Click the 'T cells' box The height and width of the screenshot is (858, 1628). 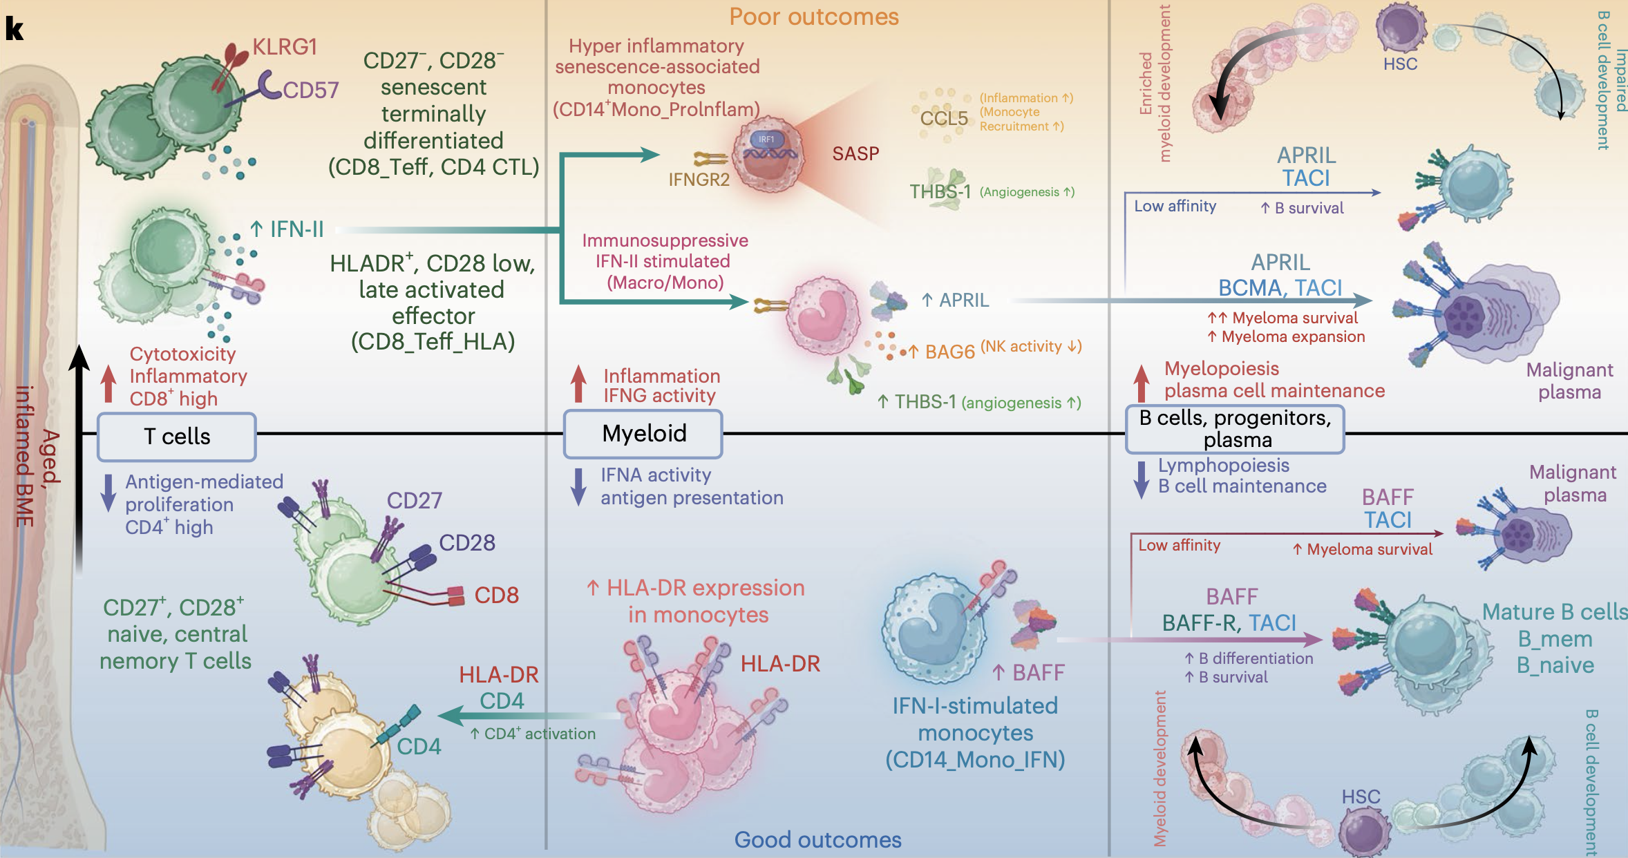pyautogui.click(x=177, y=437)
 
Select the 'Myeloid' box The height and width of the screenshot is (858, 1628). pyautogui.click(x=643, y=434)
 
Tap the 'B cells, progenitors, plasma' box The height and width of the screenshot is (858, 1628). pyautogui.click(x=1236, y=429)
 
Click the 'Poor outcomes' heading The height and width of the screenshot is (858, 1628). pyautogui.click(x=814, y=17)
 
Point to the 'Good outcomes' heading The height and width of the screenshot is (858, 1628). pyautogui.click(x=817, y=839)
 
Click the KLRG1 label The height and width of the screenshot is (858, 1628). pyautogui.click(x=285, y=47)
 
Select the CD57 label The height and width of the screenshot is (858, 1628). pyautogui.click(x=310, y=90)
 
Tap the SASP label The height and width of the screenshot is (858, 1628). pyautogui.click(x=855, y=153)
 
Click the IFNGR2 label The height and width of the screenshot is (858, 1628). pyautogui.click(x=699, y=180)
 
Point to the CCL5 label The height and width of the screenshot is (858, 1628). pyautogui.click(x=944, y=118)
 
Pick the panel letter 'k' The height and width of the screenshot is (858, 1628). pyautogui.click(x=15, y=28)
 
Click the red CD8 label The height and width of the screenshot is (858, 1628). pyautogui.click(x=496, y=595)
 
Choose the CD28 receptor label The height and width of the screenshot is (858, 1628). pyautogui.click(x=467, y=542)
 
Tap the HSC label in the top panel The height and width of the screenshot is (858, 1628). pyautogui.click(x=1400, y=64)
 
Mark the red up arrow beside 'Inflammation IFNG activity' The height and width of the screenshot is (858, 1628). pyautogui.click(x=578, y=384)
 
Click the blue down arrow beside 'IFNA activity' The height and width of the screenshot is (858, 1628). pyautogui.click(x=578, y=487)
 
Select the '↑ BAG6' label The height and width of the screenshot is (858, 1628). pyautogui.click(x=943, y=352)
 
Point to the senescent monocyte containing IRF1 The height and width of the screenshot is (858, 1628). pyautogui.click(x=768, y=154)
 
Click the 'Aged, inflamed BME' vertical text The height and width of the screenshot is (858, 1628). pyautogui.click(x=38, y=456)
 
